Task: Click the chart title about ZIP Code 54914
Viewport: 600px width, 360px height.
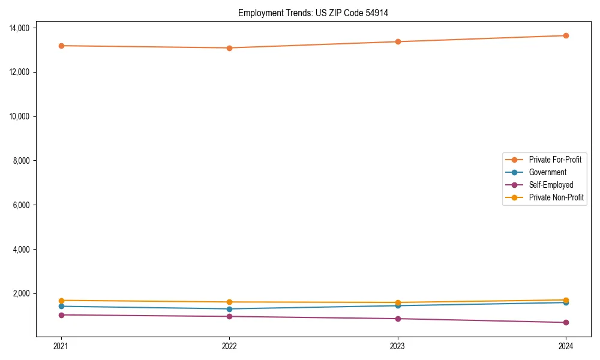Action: (x=313, y=13)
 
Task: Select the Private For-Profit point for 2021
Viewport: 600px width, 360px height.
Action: (x=61, y=46)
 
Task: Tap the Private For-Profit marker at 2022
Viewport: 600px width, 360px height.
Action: (x=229, y=48)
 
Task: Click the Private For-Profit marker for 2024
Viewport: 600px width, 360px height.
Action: (x=566, y=35)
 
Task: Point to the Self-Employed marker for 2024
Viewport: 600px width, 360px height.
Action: (x=566, y=323)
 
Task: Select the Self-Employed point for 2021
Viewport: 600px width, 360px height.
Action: (x=61, y=315)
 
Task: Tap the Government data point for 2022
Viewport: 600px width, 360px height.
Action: (x=229, y=309)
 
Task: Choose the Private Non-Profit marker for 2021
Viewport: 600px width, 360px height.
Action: (x=61, y=300)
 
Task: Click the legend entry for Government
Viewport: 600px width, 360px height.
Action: (x=547, y=172)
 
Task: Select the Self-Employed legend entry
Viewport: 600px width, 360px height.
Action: (x=551, y=185)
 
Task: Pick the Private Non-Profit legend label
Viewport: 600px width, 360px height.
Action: (x=556, y=197)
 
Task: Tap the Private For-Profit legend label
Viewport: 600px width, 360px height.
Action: (x=555, y=160)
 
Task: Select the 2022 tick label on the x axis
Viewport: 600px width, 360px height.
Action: (x=229, y=346)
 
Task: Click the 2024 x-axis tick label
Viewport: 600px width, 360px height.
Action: (x=566, y=346)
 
